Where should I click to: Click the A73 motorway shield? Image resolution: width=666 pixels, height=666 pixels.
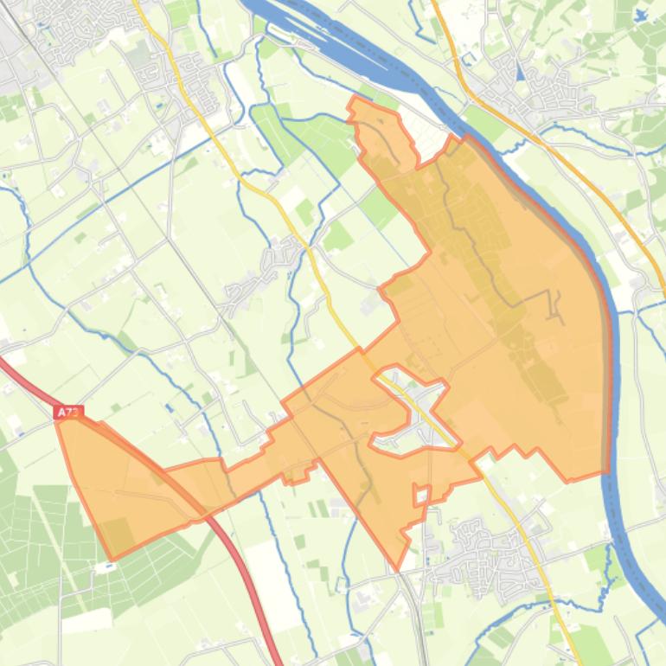67,413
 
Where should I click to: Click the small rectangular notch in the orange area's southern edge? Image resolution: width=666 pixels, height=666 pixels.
421,496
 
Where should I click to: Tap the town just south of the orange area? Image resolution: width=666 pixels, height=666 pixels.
484,545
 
